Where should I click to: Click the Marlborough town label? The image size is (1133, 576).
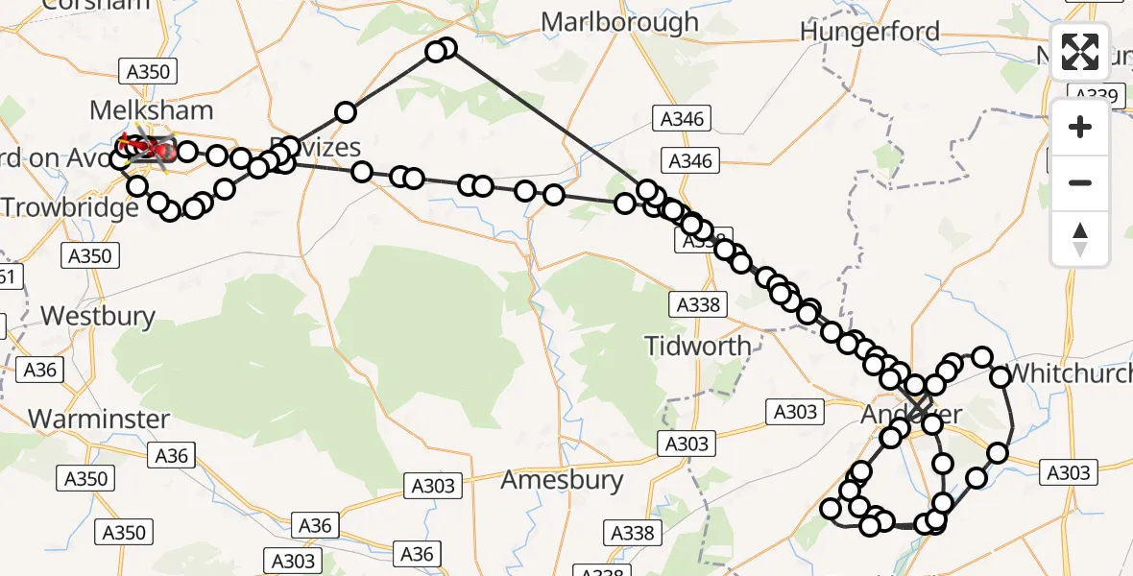(619, 22)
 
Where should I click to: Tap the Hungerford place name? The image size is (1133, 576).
(869, 32)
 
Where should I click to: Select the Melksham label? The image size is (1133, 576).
(151, 110)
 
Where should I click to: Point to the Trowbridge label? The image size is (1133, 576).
(69, 207)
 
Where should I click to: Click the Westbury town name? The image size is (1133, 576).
(98, 315)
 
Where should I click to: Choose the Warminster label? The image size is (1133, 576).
(99, 419)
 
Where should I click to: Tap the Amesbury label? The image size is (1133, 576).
(562, 479)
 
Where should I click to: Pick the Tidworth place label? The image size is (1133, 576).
(698, 346)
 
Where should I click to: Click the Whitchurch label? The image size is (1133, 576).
(1068, 373)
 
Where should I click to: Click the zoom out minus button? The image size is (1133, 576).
(1080, 182)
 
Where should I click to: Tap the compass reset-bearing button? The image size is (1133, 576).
(1080, 239)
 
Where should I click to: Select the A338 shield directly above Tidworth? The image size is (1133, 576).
(697, 304)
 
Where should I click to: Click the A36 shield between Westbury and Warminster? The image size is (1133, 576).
(40, 369)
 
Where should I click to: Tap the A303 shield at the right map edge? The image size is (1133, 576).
(1067, 472)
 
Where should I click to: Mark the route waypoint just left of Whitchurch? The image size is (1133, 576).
(981, 357)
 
